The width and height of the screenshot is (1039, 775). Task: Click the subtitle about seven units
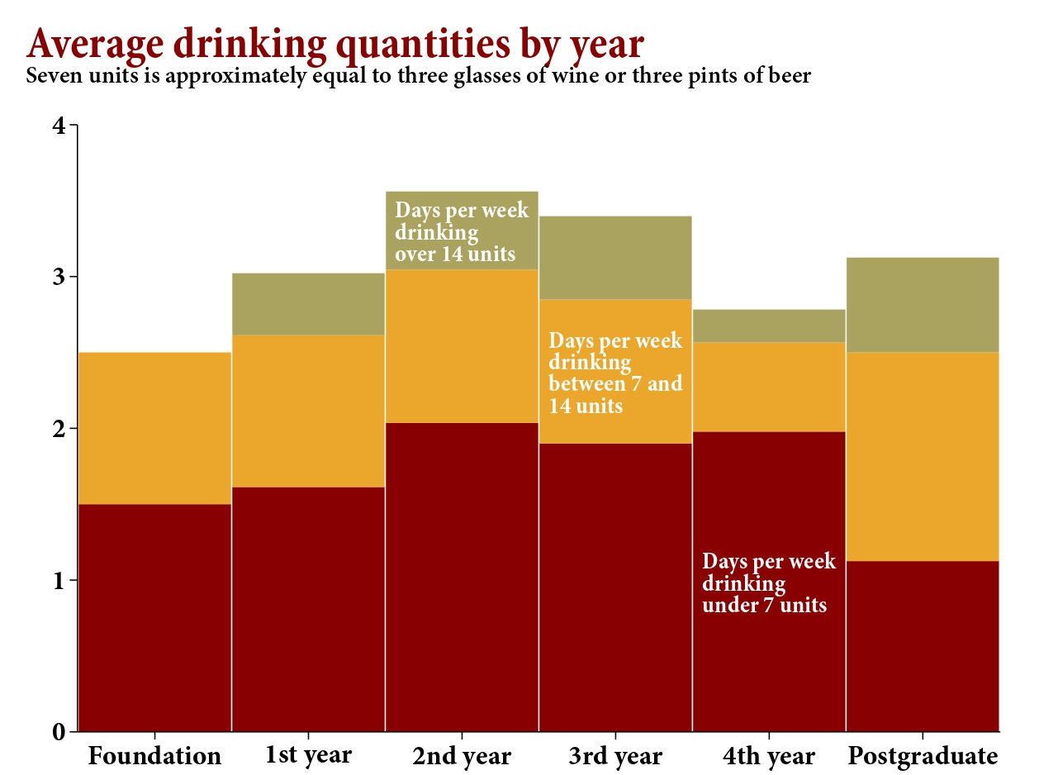(419, 77)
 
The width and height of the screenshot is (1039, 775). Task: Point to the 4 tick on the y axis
(59, 126)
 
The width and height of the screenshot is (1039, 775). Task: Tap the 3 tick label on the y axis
(59, 277)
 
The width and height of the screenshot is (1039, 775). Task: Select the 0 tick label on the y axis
(59, 732)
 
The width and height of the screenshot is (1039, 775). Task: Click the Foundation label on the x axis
(154, 756)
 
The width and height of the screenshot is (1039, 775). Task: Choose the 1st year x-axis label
(308, 755)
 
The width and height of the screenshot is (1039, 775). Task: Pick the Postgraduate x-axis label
(923, 756)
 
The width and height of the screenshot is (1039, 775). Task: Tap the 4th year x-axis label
(768, 756)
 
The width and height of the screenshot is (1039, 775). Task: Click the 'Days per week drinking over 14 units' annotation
(462, 231)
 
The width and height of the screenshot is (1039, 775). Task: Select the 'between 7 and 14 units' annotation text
(615, 373)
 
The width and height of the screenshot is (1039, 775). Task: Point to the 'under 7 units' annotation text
(768, 583)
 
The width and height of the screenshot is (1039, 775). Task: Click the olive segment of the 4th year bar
(769, 326)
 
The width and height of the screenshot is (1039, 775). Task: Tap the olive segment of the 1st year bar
(308, 303)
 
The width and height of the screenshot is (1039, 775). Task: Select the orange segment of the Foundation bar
(154, 428)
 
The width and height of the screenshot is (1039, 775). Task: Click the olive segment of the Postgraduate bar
(923, 305)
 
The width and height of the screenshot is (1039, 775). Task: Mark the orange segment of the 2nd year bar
(462, 346)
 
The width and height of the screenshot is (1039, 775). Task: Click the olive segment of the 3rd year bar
(615, 257)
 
